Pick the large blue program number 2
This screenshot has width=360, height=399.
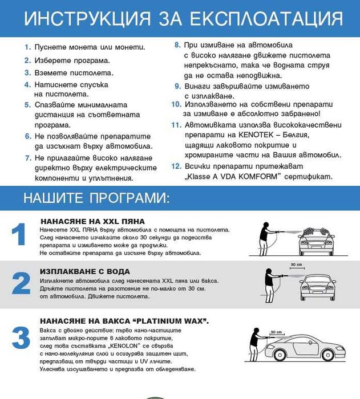21,283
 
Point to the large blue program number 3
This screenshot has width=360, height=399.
21,337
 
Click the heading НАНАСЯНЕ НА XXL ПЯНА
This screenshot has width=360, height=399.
92,221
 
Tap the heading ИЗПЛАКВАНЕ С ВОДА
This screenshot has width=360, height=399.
85,271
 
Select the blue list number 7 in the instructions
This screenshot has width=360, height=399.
27,157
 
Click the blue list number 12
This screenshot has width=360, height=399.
176,166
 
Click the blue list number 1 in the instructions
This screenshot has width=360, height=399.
27,47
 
